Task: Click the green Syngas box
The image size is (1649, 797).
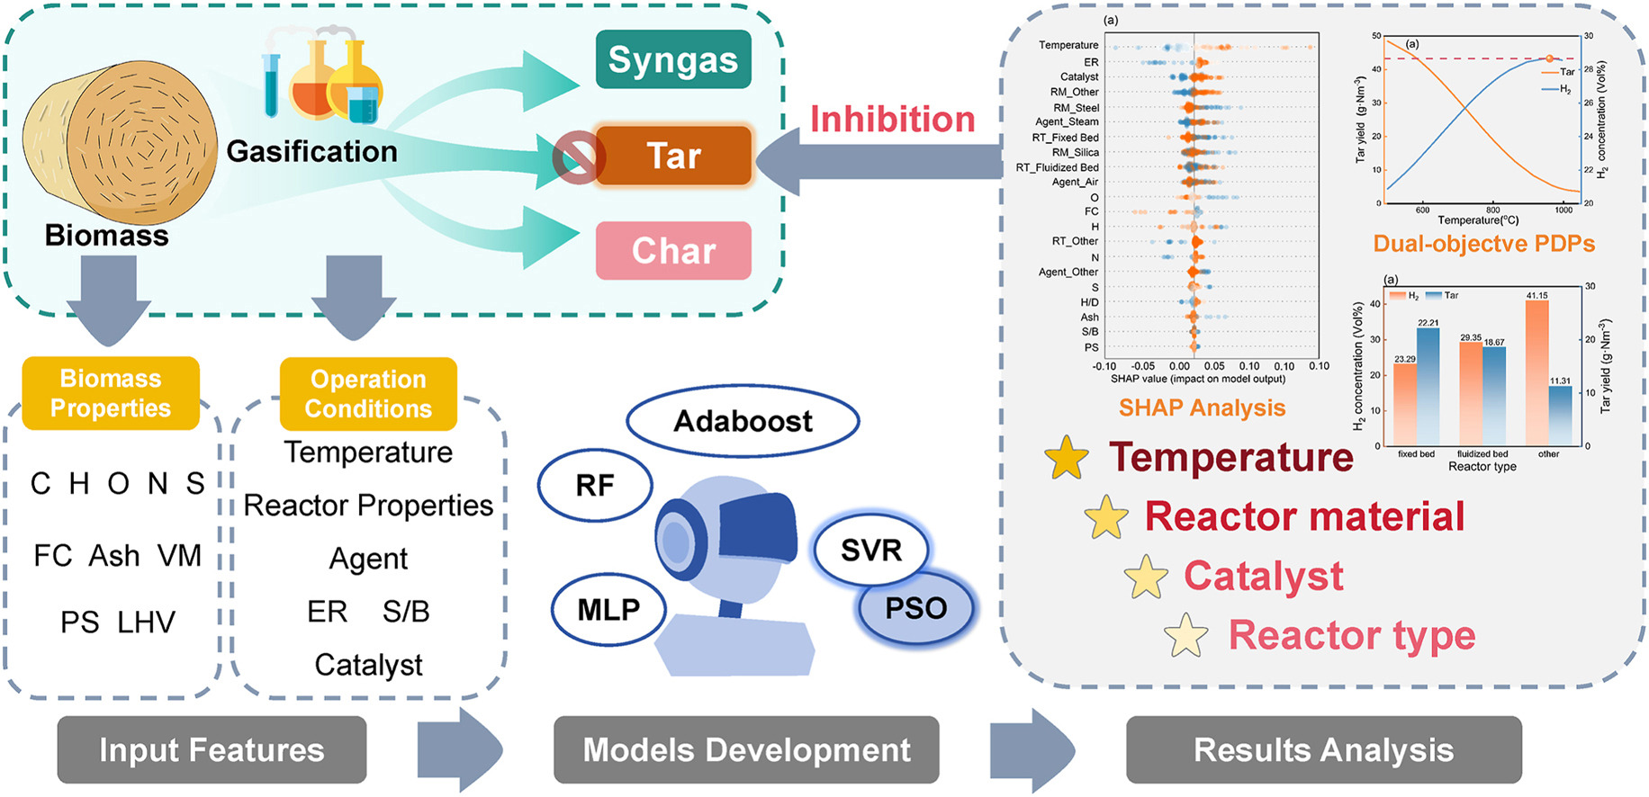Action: (x=673, y=59)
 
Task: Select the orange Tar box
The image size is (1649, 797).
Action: (x=673, y=156)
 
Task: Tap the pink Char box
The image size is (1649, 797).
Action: (x=673, y=250)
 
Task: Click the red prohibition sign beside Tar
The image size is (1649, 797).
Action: (x=577, y=157)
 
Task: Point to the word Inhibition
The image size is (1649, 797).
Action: (x=892, y=120)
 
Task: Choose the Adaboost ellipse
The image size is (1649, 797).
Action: (x=743, y=421)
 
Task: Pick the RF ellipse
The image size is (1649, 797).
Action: (x=595, y=486)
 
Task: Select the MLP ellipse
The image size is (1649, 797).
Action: (x=608, y=609)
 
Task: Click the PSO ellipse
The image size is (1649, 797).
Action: (x=916, y=608)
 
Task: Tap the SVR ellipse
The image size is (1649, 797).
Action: (x=870, y=550)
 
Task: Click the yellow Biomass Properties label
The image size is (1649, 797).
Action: (x=111, y=393)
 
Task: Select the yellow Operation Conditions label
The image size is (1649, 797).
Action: (x=368, y=394)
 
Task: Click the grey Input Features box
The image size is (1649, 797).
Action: (x=212, y=749)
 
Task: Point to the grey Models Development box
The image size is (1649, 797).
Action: (x=746, y=749)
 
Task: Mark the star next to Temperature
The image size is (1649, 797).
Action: (x=1068, y=458)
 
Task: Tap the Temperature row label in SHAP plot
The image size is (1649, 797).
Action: (x=1068, y=45)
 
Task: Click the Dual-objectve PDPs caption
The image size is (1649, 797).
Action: (x=1483, y=244)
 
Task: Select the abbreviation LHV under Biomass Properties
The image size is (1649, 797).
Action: (x=147, y=622)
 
